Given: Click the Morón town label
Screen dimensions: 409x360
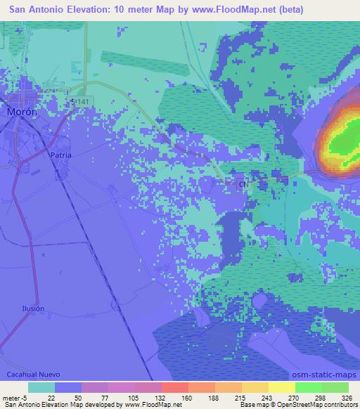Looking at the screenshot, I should [x=21, y=112].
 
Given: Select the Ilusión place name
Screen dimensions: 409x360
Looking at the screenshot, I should [x=32, y=309].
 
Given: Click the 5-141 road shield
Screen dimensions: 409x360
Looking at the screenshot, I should [x=82, y=103].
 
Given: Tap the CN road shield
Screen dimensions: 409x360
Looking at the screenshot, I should [x=243, y=184].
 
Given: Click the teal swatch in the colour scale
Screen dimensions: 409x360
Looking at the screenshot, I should [x=41, y=387].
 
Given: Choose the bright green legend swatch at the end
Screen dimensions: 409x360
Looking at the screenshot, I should [x=335, y=387].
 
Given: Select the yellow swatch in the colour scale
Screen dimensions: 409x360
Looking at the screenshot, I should [x=282, y=387].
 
